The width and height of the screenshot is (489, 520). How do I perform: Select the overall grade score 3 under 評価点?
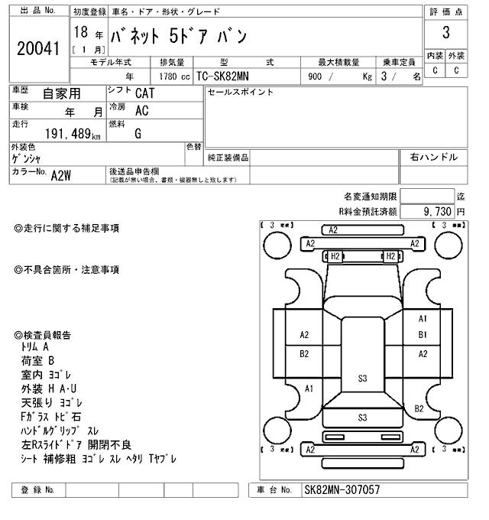point(445,34)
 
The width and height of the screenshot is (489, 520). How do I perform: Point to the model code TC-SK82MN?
point(228,76)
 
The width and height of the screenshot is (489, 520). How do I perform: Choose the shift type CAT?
point(143,93)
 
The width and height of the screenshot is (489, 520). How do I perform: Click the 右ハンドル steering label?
point(433,157)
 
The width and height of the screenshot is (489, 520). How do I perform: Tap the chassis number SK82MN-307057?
point(342,489)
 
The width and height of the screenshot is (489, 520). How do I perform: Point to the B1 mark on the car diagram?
point(423,335)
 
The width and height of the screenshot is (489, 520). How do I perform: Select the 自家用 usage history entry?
point(61,93)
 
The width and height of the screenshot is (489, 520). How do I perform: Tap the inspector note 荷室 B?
point(38,360)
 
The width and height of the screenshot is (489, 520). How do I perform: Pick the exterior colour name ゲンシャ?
point(27,158)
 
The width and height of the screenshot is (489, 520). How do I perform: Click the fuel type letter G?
point(138,133)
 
